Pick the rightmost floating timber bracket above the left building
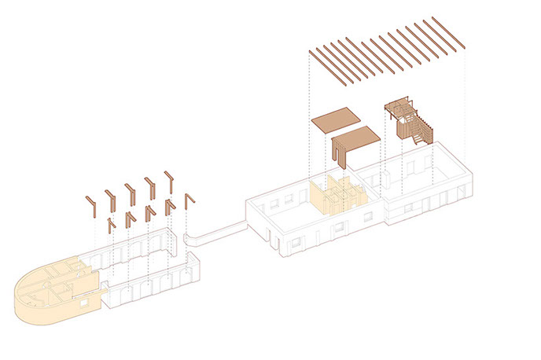[x=188, y=201]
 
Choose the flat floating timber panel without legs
[x=336, y=120]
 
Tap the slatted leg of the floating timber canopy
[x=341, y=153]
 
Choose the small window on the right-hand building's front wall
[x=407, y=208]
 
